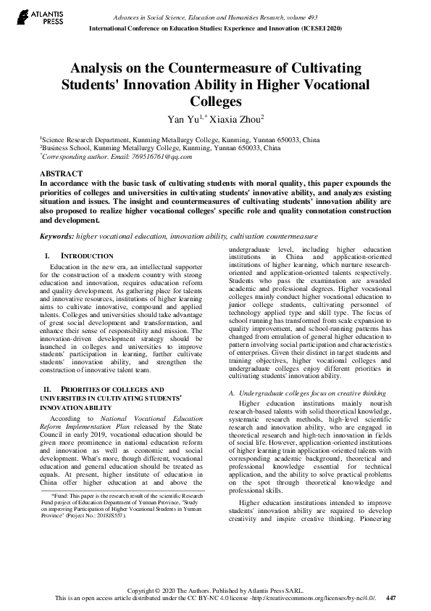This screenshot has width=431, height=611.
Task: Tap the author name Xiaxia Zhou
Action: pos(236,118)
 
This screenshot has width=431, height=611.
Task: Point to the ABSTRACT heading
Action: pos(59,175)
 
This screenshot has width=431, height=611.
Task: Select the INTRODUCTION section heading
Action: pos(86,256)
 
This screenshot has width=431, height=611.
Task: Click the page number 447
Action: pos(391,597)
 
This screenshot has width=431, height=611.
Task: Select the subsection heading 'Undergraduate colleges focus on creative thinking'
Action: pos(308,393)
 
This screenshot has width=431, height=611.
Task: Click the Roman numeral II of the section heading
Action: pos(49,390)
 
